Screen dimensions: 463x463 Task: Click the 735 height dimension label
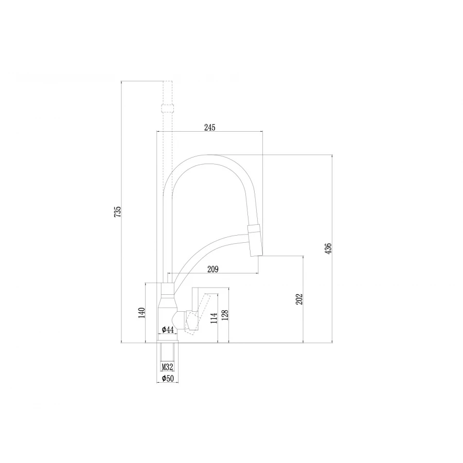(x=117, y=211)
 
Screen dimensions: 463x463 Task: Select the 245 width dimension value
(x=209, y=128)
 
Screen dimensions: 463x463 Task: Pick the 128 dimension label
(x=225, y=315)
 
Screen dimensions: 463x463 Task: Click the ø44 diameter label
(x=167, y=329)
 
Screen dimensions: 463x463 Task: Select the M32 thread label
(x=167, y=367)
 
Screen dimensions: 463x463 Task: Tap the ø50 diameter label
(x=167, y=379)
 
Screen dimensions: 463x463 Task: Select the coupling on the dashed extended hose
(x=168, y=109)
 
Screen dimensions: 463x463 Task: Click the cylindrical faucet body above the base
(x=168, y=309)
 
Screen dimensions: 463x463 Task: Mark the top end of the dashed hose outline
(x=168, y=82)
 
